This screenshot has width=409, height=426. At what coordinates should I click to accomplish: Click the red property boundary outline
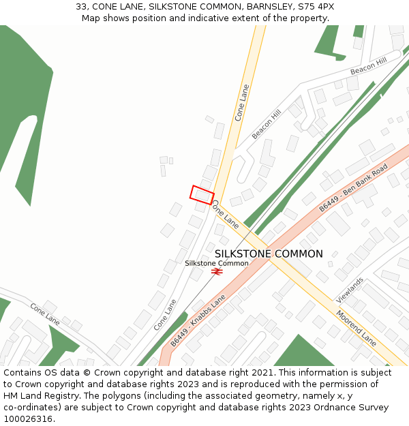click(x=202, y=195)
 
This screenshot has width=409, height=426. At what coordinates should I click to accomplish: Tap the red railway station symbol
click(x=217, y=271)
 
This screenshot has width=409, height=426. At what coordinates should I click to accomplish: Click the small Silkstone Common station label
click(x=217, y=263)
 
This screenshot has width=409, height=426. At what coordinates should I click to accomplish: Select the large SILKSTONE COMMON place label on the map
click(x=269, y=254)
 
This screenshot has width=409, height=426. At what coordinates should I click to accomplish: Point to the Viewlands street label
click(x=350, y=290)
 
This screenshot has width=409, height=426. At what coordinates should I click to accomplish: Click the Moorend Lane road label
click(x=356, y=327)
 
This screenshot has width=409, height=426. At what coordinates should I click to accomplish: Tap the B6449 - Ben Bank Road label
click(x=353, y=187)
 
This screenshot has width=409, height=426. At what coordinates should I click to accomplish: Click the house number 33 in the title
click(x=81, y=6)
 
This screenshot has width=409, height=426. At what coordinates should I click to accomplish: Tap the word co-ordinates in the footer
click(x=29, y=408)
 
